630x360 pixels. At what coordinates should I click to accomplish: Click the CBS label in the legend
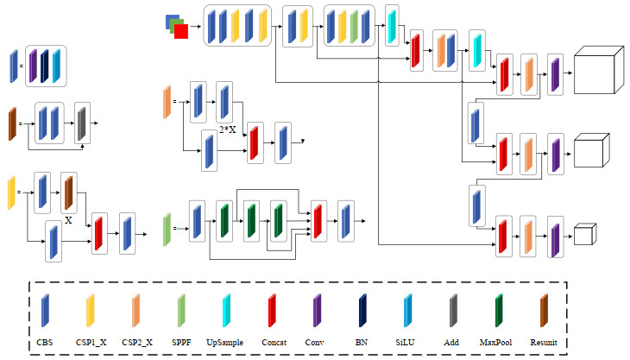pos(45,343)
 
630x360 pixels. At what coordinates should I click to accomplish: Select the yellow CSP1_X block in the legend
pos(90,310)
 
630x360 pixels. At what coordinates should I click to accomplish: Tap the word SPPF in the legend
pos(181,343)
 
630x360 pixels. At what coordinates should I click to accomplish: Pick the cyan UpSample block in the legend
pos(226,310)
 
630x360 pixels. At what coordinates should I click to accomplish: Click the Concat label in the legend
pos(273,343)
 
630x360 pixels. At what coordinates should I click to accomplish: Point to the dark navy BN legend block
pos(362,310)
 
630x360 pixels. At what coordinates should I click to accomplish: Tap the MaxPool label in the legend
pos(498,343)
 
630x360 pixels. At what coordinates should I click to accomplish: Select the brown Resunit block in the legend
pos(543,310)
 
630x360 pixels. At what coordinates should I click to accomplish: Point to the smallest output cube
pos(586,234)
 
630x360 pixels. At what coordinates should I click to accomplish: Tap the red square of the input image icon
pos(180,31)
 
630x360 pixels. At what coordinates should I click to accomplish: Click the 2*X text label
pos(228,129)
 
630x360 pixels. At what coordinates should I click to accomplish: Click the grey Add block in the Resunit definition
pos(82,122)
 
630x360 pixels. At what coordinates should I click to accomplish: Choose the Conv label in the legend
pos(317,343)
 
